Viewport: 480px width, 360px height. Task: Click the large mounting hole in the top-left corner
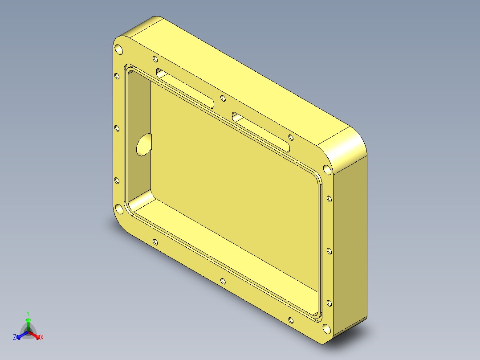tap(119, 49)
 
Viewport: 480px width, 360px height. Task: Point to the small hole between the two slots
tap(223, 98)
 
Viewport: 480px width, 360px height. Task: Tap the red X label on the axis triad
tap(42, 337)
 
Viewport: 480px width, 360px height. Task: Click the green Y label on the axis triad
tap(28, 313)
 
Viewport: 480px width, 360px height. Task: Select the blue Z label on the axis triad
tap(15, 337)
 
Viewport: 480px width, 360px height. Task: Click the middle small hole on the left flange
tap(117, 128)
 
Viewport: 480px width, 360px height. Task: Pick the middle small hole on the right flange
tap(329, 251)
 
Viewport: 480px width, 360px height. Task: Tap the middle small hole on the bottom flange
tap(223, 281)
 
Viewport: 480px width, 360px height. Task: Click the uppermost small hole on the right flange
tap(329, 198)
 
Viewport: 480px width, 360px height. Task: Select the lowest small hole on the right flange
tap(329, 303)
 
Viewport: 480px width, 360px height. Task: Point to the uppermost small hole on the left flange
tap(117, 76)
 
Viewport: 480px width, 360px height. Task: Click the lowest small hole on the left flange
tap(117, 180)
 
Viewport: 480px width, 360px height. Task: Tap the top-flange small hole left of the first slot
tap(155, 59)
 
